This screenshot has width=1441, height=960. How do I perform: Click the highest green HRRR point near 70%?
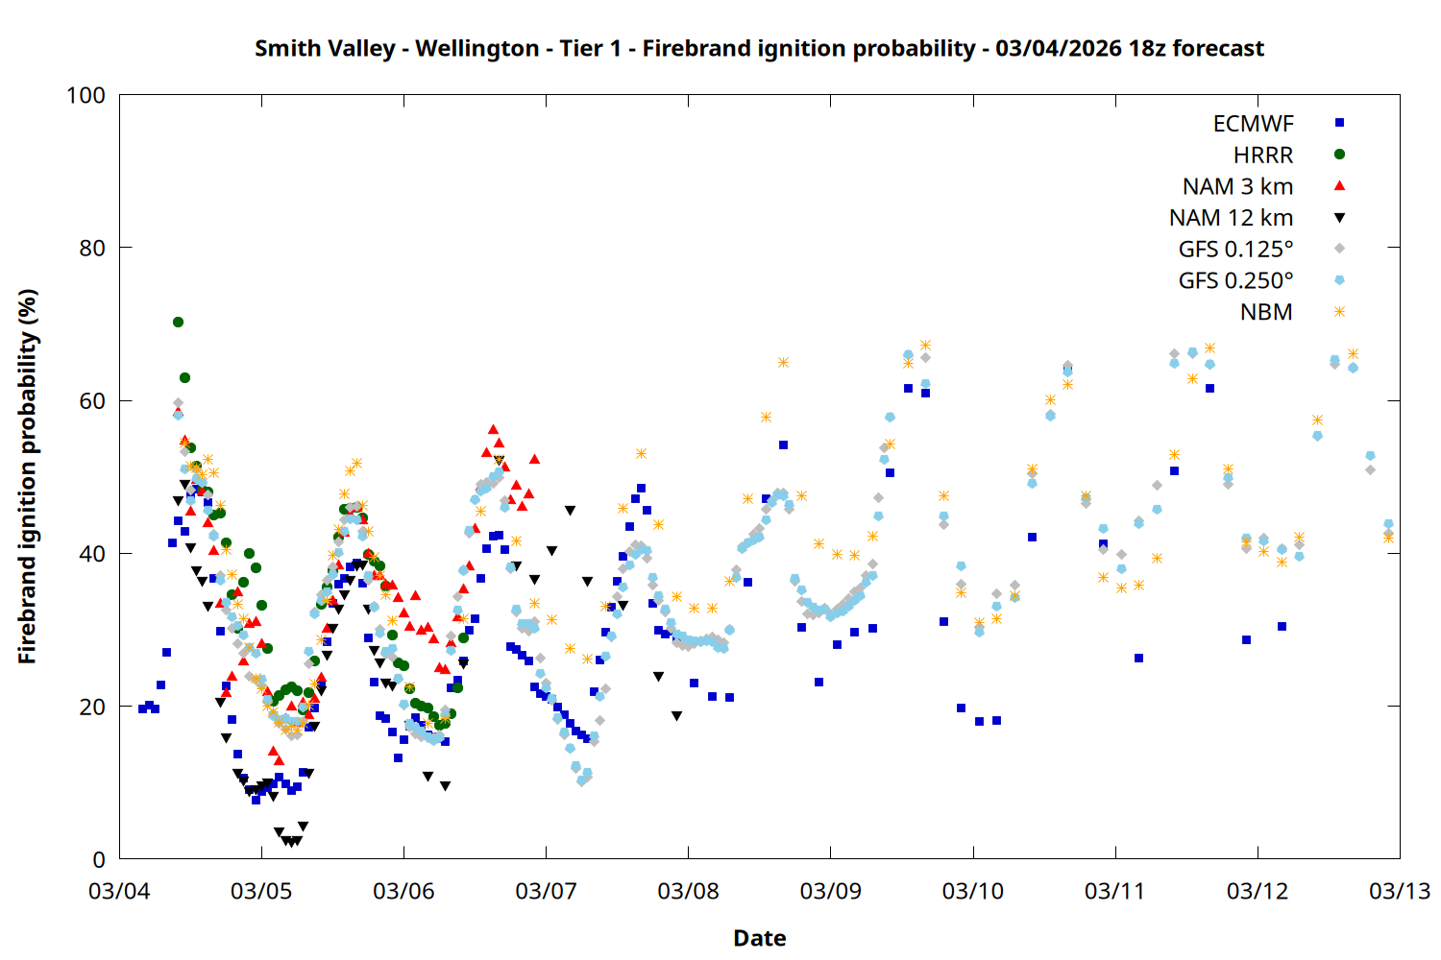coord(178,322)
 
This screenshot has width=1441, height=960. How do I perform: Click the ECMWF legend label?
coord(1253,124)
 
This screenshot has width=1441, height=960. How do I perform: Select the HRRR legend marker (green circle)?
coord(1339,155)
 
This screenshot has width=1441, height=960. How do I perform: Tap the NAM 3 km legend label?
coord(1237,186)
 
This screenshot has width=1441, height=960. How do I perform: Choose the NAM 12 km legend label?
coord(1231,218)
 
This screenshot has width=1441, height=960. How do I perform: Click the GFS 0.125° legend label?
coord(1235,250)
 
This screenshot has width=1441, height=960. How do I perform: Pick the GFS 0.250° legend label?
coord(1235,280)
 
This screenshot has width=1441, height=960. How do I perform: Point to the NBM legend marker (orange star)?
coord(1339,312)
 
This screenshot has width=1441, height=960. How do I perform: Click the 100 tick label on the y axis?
coord(85,95)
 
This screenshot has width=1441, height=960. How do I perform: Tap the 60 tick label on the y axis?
coord(92,400)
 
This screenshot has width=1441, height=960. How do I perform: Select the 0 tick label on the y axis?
coord(99,859)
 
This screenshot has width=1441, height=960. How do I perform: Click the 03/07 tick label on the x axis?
coord(546,891)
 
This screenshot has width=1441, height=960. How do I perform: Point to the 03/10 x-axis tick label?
coord(972,891)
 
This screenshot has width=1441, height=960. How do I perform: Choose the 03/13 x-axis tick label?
coord(1399,891)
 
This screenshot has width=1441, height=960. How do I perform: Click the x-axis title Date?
coord(759,938)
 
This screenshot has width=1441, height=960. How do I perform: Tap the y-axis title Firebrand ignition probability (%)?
coord(28,476)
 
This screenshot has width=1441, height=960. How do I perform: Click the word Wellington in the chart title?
coord(477,48)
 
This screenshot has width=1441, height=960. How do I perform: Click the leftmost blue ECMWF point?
coord(142,708)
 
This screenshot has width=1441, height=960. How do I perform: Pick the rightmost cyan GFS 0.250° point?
coord(1388,524)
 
